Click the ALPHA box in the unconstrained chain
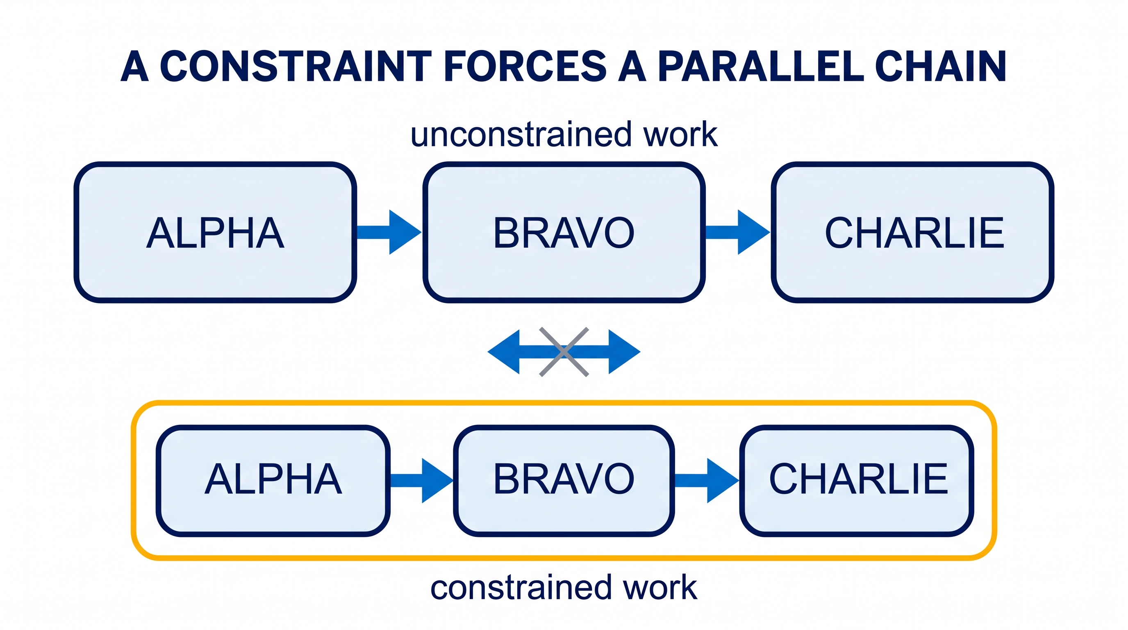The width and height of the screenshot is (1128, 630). click(x=215, y=232)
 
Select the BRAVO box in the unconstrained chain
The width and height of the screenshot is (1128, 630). click(x=564, y=232)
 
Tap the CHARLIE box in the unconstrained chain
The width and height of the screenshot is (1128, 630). click(x=912, y=232)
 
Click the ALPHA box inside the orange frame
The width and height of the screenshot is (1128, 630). click(x=273, y=480)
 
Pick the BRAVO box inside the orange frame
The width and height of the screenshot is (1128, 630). click(x=564, y=480)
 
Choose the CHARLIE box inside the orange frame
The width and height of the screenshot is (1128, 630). click(x=857, y=480)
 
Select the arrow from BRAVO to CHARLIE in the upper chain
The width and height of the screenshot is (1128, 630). click(x=738, y=232)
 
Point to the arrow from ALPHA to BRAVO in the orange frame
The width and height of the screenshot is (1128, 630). click(x=422, y=481)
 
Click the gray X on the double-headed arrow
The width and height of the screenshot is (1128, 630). click(x=564, y=352)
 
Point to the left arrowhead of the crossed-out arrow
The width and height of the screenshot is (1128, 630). click(x=504, y=352)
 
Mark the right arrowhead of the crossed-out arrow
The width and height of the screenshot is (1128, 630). click(x=624, y=352)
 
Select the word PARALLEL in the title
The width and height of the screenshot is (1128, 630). click(x=761, y=66)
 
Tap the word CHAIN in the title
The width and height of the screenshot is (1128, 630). click(x=941, y=66)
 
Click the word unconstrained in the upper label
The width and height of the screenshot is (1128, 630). click(x=521, y=135)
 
